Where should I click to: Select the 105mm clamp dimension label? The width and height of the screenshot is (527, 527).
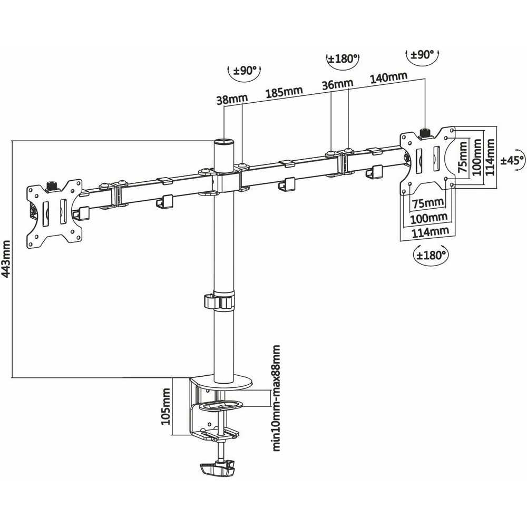(x=167, y=406)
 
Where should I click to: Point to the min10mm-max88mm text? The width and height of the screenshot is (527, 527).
(x=275, y=398)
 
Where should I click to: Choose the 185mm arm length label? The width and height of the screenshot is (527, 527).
(x=284, y=92)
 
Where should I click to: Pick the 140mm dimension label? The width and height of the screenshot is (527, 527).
(x=388, y=77)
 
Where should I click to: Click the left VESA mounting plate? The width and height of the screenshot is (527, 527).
(x=54, y=213)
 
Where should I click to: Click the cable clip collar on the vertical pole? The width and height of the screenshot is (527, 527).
(x=218, y=301)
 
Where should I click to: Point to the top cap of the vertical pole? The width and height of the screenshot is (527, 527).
(x=223, y=142)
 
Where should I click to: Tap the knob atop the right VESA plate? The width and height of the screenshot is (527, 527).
(x=425, y=132)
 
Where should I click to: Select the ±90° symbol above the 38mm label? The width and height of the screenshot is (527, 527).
(x=244, y=72)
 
